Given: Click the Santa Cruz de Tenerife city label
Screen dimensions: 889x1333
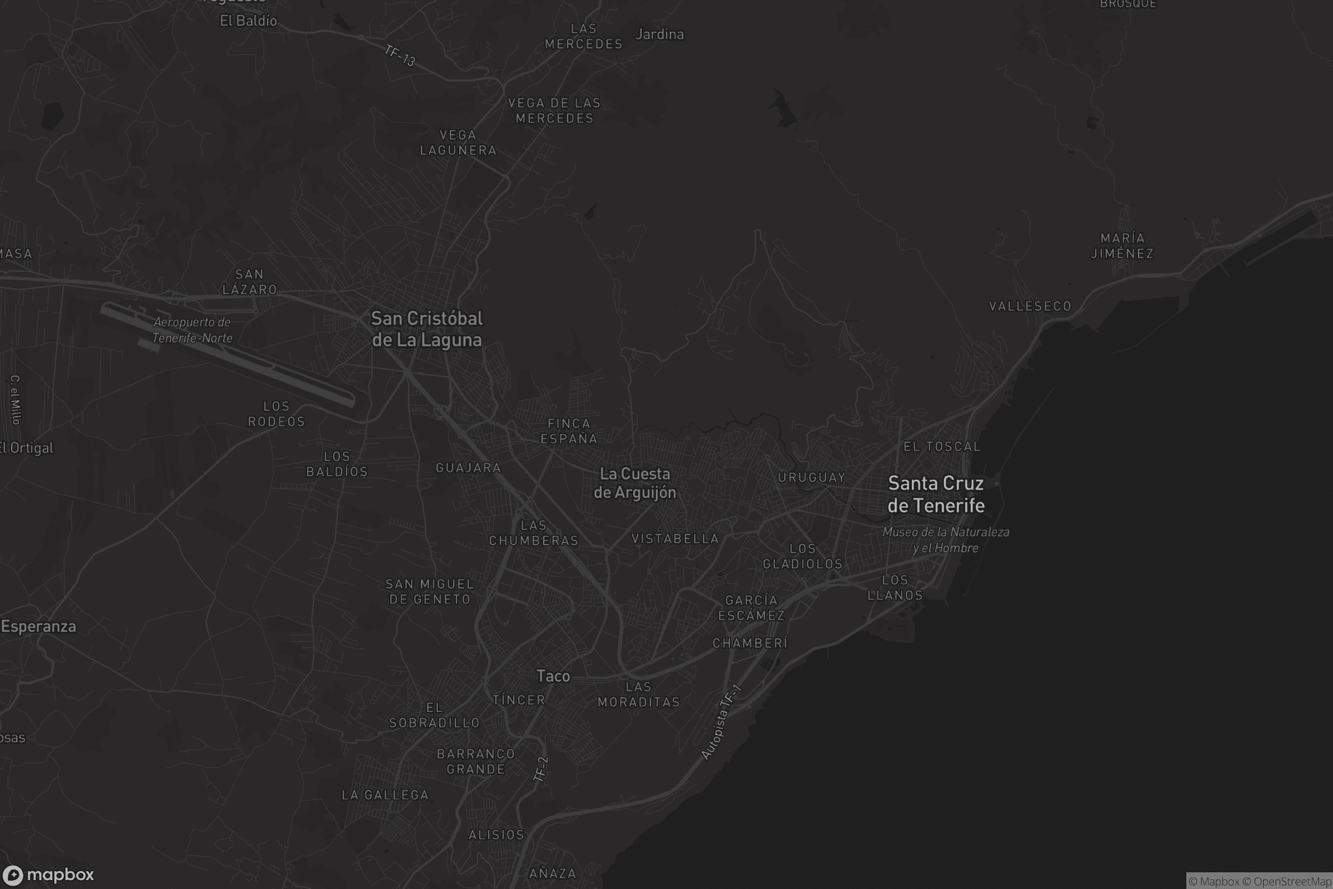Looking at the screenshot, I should (936, 495).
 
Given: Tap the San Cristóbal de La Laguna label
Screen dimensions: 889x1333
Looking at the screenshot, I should (427, 329).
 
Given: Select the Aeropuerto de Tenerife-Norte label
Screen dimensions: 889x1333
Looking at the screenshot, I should (192, 330).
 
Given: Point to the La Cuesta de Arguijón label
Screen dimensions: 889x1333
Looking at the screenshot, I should (635, 483).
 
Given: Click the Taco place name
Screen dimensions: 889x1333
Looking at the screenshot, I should (553, 676).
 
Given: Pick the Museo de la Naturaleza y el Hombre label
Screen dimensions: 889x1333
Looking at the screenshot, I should (945, 540).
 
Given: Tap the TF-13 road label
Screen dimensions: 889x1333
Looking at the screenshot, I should (400, 55).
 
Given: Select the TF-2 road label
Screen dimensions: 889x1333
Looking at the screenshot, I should (541, 769).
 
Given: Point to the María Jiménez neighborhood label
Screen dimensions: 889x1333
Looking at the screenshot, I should (1122, 246).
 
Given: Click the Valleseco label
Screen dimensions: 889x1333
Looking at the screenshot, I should (1030, 306).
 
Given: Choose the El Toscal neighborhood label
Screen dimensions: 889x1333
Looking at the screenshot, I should (942, 447).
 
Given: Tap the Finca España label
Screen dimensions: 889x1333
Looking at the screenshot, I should (569, 431).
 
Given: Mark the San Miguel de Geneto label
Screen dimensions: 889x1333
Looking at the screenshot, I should (429, 591).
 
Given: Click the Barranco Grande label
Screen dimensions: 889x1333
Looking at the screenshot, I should (475, 761).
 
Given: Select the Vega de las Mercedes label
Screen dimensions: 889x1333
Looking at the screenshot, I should (554, 111).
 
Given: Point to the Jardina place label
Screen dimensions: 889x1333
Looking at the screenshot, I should (660, 34).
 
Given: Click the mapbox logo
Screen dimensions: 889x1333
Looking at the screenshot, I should (48, 875).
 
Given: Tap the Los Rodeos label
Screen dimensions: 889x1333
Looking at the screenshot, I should (277, 414).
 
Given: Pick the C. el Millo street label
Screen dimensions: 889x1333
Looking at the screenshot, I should (16, 399).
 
